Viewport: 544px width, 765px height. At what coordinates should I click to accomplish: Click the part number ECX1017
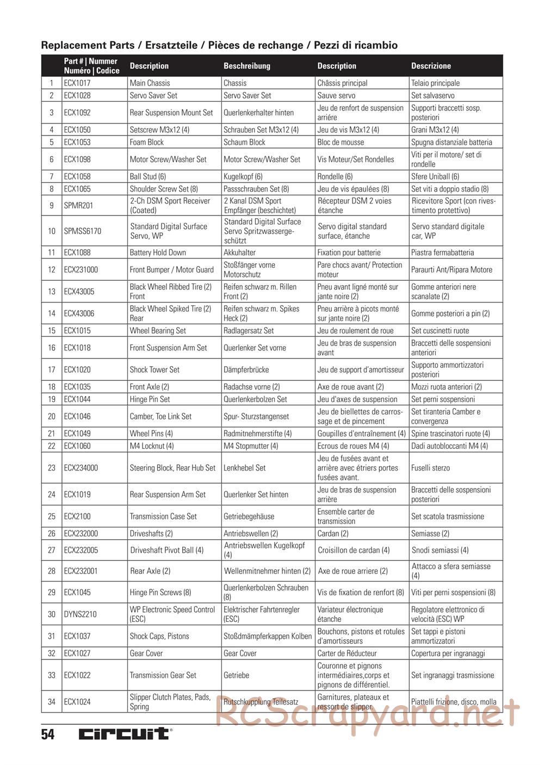77,83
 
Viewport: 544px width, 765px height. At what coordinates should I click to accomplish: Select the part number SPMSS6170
82,231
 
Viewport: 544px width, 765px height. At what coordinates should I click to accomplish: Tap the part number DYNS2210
80,614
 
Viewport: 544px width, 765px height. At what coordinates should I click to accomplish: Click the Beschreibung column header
247,66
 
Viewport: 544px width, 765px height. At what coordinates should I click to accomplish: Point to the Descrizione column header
431,66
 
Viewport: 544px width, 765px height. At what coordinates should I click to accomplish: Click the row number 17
52,370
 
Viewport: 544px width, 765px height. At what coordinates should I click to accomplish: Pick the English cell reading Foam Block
146,143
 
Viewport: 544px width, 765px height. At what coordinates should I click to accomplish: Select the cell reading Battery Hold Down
158,252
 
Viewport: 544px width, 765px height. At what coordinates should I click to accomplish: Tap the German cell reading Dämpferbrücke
246,370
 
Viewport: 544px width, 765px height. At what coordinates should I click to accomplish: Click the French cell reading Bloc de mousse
341,143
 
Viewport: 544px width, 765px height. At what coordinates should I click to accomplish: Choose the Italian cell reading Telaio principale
435,83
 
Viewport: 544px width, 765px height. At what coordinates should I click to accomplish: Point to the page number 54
48,735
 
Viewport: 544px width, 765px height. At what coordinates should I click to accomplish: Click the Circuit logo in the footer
125,734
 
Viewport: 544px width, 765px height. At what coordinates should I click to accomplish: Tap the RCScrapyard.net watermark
367,714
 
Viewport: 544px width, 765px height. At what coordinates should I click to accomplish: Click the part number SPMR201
78,206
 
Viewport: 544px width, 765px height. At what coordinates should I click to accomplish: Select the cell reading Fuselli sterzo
430,468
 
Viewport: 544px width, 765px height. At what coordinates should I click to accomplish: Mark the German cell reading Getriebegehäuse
249,517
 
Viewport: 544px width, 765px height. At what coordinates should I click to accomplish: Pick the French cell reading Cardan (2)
333,534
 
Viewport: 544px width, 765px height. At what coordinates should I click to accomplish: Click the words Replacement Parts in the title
87,46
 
